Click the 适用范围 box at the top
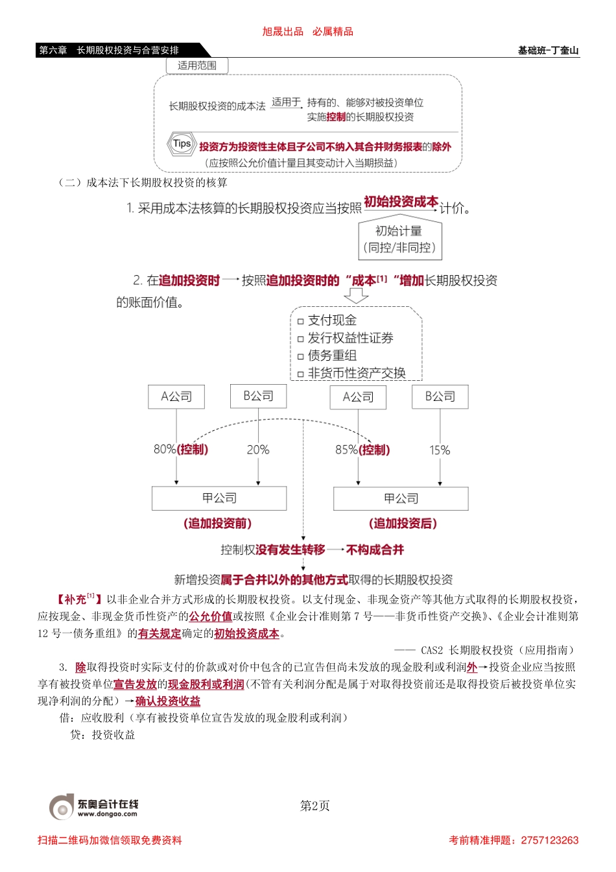pos(197,66)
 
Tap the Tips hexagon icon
pos(182,144)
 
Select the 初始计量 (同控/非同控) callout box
pos(399,239)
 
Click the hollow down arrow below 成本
pos(355,296)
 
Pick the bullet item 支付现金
pos(332,321)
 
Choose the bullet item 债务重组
pos(332,356)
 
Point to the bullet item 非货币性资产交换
pos(356,373)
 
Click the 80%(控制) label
pos(181,450)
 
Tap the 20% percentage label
pos(258,450)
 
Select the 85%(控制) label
pos(362,450)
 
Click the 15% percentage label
pos(440,450)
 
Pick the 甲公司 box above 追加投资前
pos(219,498)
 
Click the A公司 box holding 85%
pos(358,397)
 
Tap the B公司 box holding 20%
pos(258,396)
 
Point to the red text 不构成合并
pos(375,550)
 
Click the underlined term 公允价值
pos(211,616)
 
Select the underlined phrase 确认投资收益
pos(168,701)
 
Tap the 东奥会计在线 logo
pos(94,806)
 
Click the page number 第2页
pos(315,806)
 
